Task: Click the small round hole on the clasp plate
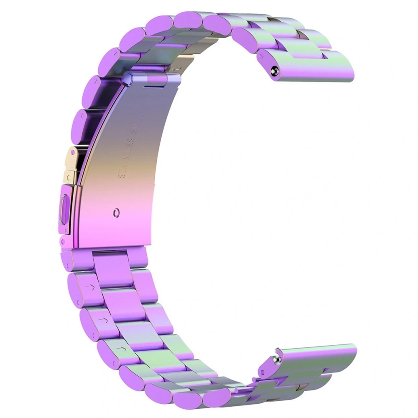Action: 116,213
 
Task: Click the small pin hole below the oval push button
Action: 63,241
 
